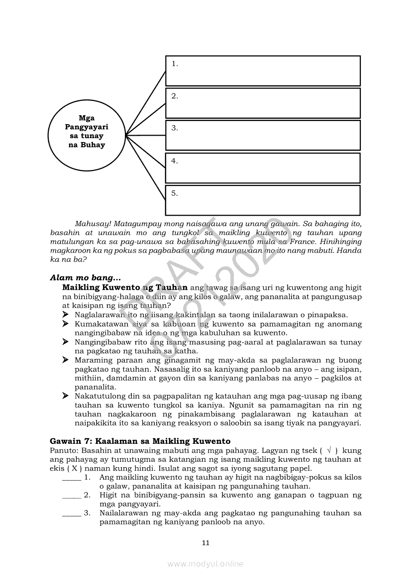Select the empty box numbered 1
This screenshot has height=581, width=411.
[263, 71]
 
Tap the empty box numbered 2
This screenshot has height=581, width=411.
[263, 103]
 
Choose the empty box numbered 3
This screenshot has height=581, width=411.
[263, 135]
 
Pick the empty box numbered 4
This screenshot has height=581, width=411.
[263, 168]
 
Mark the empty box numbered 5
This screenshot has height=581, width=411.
[263, 200]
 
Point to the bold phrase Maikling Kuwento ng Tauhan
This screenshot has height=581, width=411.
[124, 287]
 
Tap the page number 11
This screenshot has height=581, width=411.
[205, 543]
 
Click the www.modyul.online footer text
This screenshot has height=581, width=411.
[205, 564]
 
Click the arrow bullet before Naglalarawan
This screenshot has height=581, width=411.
[66, 315]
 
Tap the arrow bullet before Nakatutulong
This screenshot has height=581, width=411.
[66, 396]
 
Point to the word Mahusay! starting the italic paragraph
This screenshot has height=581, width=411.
[92, 224]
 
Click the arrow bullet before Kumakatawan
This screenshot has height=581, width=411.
[66, 324]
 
